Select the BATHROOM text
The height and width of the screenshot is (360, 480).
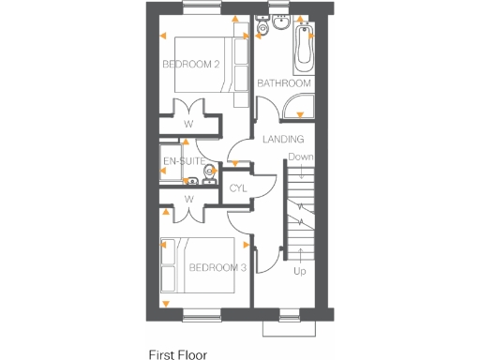[283, 83]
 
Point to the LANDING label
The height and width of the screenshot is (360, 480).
[282, 140]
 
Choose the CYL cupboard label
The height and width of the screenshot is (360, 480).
[238, 188]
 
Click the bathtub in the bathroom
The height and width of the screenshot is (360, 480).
[304, 50]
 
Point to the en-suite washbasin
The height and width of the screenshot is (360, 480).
[192, 181]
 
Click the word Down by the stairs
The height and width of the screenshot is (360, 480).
[300, 157]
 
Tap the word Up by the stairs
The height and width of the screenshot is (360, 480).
[300, 272]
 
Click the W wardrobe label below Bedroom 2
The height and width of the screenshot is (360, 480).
[188, 123]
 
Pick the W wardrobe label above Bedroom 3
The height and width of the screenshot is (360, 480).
[188, 199]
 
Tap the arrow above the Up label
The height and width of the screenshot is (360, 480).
[300, 253]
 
